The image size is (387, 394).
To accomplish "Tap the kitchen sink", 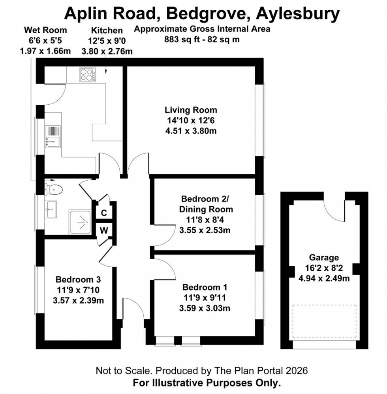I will pos(53,136).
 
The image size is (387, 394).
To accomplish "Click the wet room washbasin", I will pos(52,209).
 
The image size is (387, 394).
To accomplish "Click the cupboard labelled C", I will pos(104,213).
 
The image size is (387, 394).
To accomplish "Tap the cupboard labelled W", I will pos(104,230).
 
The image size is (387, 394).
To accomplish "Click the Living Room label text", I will pos(191,110).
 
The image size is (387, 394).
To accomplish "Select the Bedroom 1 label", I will pos(204,287).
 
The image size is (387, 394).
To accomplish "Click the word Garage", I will pos(324,258).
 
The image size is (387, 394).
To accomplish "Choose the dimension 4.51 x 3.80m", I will pos(191,131).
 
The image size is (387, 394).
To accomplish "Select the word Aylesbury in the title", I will pos(298,14).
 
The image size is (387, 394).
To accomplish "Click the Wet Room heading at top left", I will pos(45,30).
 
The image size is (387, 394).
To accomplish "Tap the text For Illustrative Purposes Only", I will pos(207,383).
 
